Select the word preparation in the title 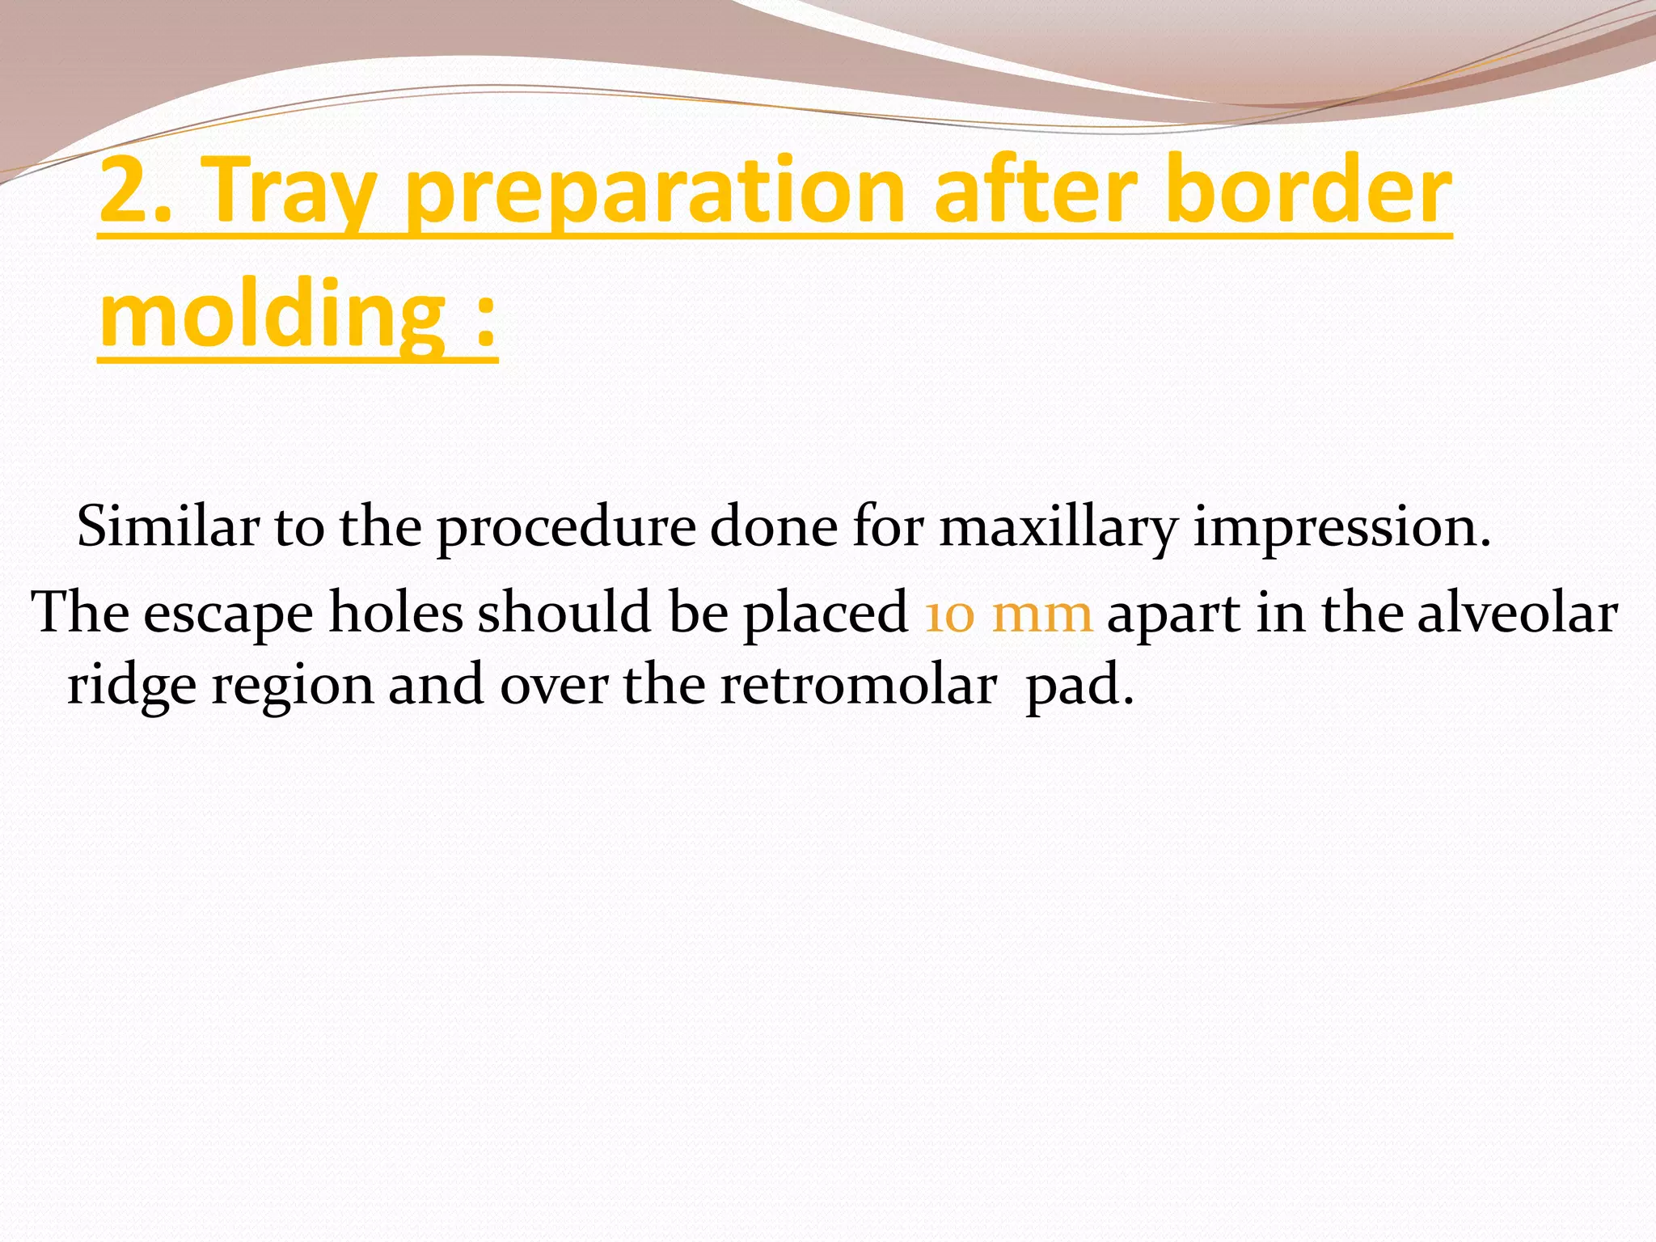click(x=654, y=192)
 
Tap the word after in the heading click(x=1035, y=191)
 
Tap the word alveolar click(x=1517, y=613)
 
